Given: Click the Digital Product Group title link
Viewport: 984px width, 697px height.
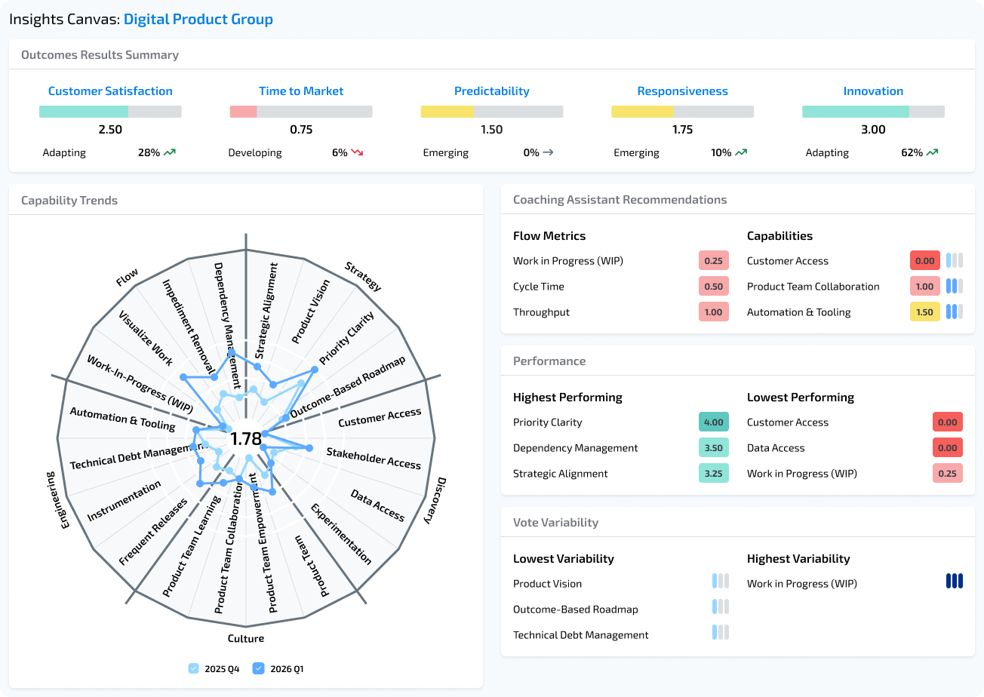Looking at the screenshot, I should coord(198,20).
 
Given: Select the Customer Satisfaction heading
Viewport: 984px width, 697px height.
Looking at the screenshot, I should coord(110,91).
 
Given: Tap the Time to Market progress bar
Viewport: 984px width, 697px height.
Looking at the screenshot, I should coord(301,112).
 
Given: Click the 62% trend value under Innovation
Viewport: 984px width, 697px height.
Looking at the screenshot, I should coord(911,152).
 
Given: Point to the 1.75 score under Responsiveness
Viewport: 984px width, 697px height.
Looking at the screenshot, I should coord(682,130).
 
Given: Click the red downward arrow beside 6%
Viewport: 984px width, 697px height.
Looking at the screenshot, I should coord(357,152).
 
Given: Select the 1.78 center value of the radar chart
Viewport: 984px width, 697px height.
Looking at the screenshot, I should coord(246,439).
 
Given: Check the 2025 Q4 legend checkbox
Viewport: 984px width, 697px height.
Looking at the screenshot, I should coord(194,668).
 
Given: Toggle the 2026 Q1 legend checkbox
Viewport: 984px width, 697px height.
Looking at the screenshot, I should coord(259,668).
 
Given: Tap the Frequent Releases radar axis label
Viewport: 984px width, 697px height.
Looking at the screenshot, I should coord(153,533).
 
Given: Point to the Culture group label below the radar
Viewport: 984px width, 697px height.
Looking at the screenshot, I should coord(246,639).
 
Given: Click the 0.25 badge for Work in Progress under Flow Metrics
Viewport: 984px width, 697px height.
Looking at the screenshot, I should coord(713,261).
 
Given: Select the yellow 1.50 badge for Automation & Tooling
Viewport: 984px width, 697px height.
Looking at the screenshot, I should coord(924,312).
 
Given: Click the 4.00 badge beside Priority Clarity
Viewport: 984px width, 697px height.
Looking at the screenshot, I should coord(713,422).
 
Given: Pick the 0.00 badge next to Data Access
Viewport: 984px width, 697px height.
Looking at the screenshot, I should coord(947,448).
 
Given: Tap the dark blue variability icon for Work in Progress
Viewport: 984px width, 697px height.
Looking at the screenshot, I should coord(955,581).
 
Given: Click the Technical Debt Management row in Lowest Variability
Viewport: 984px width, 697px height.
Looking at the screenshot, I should coord(580,635).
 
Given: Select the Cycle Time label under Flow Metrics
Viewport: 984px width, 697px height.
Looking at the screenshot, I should coord(538,287).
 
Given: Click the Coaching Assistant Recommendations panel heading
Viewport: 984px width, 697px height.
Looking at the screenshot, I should coord(620,200).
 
